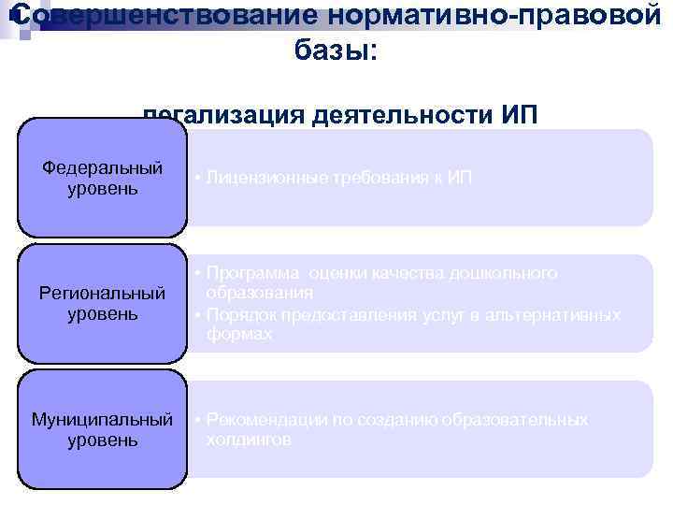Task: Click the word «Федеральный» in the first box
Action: pyautogui.click(x=103, y=168)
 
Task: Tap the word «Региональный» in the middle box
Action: pyautogui.click(x=103, y=294)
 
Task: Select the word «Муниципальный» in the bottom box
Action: pyautogui.click(x=103, y=418)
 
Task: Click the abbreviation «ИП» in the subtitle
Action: pyautogui.click(x=521, y=116)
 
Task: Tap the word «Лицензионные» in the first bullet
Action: pyautogui.click(x=266, y=177)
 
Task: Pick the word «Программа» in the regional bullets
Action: pyautogui.click(x=251, y=273)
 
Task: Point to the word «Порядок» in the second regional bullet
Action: pyautogui.click(x=241, y=314)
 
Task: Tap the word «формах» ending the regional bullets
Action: pyautogui.click(x=240, y=334)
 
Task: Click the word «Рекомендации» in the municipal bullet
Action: pyautogui.click(x=267, y=420)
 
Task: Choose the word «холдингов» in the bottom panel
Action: pyautogui.click(x=249, y=439)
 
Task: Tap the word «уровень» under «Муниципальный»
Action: pyautogui.click(x=103, y=439)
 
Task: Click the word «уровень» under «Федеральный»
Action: pyautogui.click(x=103, y=189)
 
